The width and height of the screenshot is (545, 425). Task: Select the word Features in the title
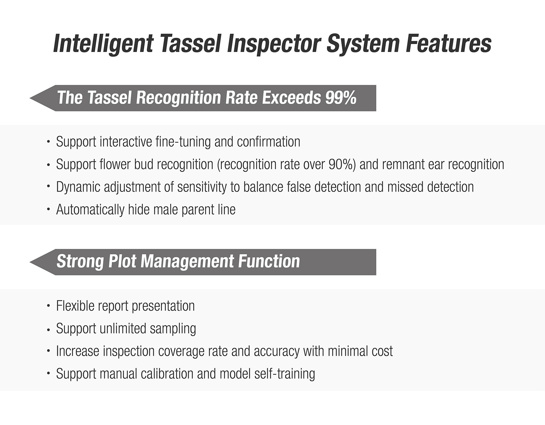coord(449,43)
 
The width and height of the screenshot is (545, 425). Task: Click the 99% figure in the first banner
coord(341,98)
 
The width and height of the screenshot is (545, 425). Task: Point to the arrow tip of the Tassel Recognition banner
coord(30,98)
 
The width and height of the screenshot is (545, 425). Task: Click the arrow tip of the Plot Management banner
coord(30,262)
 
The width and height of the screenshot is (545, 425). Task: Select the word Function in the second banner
coord(269,261)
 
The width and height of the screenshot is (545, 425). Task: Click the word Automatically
coord(90,210)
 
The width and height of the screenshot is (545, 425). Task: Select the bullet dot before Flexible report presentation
coord(49,306)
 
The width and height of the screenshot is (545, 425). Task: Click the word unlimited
coord(123,329)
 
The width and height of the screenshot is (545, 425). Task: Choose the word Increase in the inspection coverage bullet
coord(78,351)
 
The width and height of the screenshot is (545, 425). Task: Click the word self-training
coord(285,374)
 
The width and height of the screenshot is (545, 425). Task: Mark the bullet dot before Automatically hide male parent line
coord(49,209)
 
